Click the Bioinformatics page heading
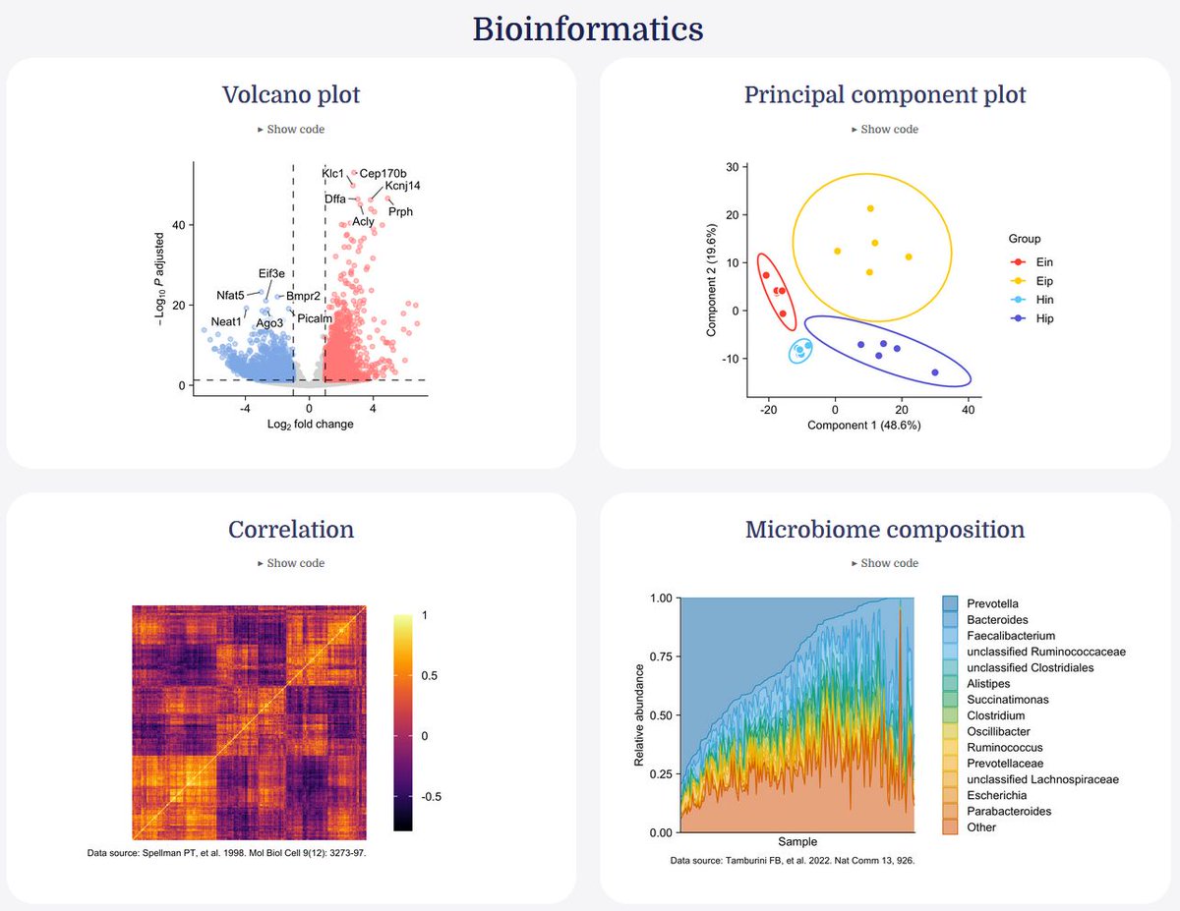point(588,28)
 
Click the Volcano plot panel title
point(291,94)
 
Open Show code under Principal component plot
point(884,129)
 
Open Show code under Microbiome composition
point(884,563)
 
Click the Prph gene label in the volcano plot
point(400,211)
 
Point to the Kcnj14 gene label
point(403,185)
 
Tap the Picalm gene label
point(315,318)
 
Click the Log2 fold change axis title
point(310,425)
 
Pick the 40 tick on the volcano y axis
point(179,225)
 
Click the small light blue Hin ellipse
point(802,350)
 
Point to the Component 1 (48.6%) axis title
point(863,426)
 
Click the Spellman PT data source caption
point(227,853)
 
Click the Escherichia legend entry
point(997,795)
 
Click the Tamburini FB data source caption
point(793,861)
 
